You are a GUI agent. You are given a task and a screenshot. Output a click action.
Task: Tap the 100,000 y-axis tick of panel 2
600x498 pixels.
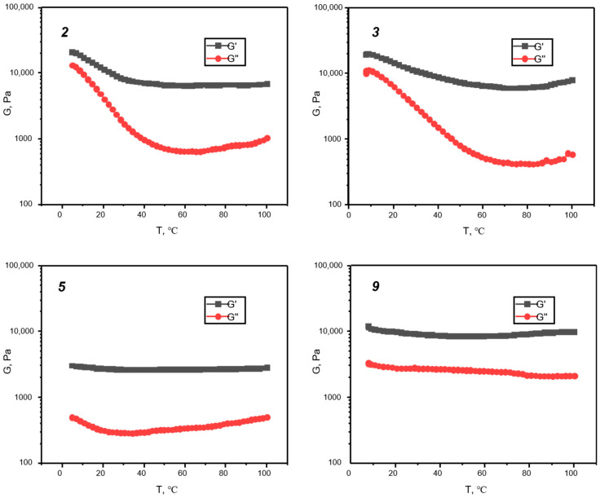[24, 8]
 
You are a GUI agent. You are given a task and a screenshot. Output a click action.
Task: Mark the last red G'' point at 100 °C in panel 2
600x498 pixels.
[267, 139]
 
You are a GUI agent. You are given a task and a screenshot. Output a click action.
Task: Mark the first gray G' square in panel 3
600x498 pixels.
[366, 55]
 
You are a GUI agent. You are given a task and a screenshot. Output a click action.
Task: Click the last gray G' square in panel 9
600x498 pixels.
[574, 332]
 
